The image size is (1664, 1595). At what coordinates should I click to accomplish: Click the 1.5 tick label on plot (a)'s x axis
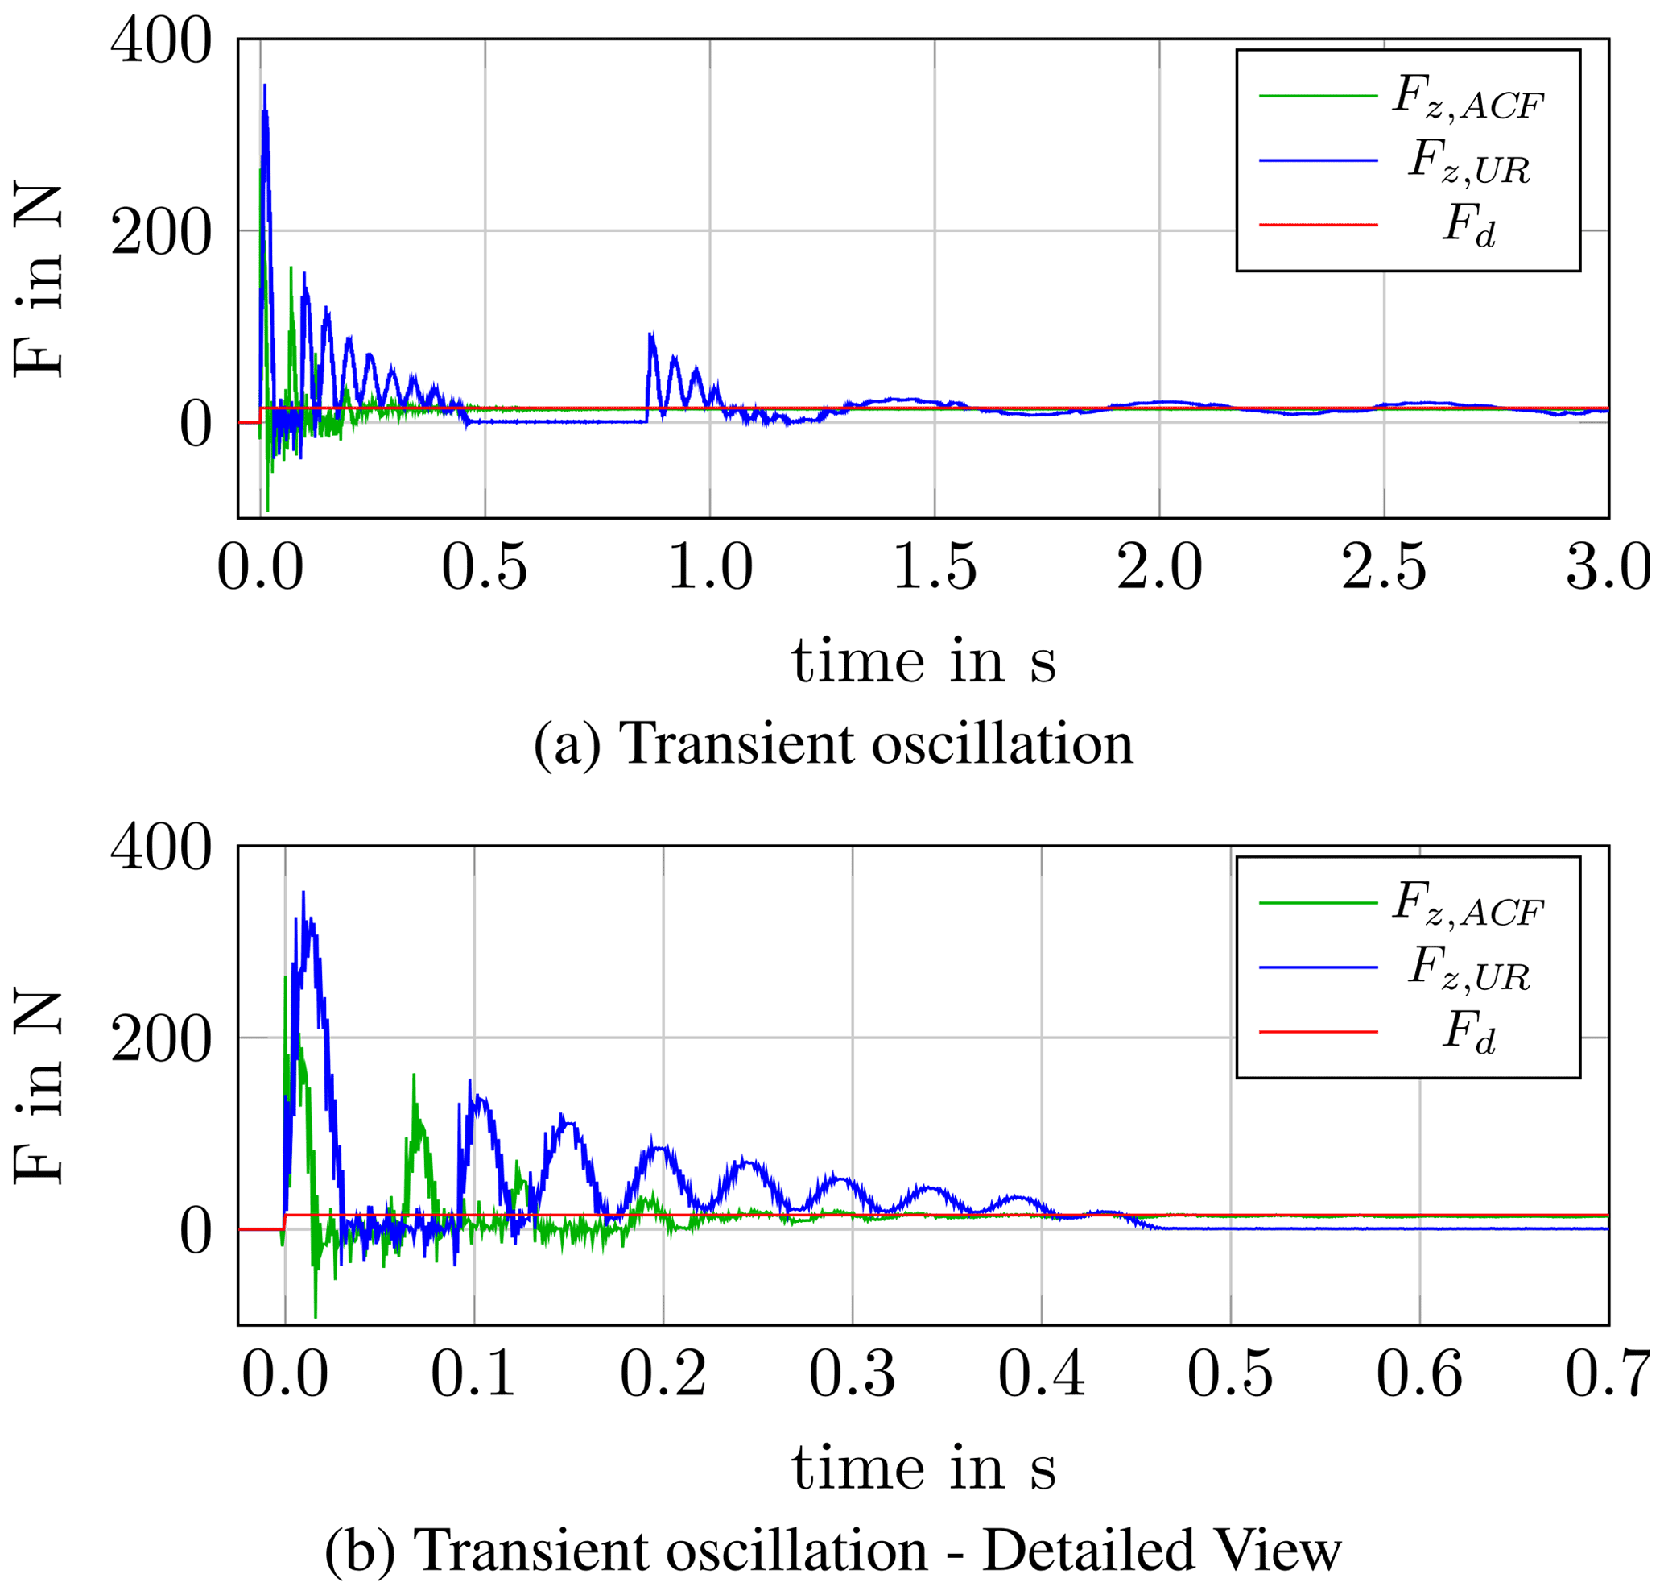(x=935, y=567)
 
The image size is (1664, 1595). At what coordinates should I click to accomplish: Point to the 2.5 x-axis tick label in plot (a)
(x=1384, y=567)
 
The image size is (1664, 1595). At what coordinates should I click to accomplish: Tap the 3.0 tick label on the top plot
(x=1607, y=567)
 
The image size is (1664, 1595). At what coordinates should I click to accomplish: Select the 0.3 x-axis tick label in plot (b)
(x=852, y=1373)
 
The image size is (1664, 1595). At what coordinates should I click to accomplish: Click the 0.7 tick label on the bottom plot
(x=1607, y=1373)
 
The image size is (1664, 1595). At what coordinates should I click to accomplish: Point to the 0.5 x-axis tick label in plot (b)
(x=1230, y=1373)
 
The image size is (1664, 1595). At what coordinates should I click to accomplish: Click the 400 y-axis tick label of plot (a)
(x=160, y=41)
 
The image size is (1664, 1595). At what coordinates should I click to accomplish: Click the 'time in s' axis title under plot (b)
(x=923, y=1469)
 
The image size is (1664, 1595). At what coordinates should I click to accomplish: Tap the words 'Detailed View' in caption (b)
(x=1162, y=1551)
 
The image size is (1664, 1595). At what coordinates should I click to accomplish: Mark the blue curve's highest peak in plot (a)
(x=265, y=85)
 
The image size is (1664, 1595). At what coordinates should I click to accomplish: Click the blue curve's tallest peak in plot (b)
(x=303, y=893)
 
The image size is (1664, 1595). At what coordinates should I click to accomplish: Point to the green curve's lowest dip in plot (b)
(x=316, y=1316)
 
